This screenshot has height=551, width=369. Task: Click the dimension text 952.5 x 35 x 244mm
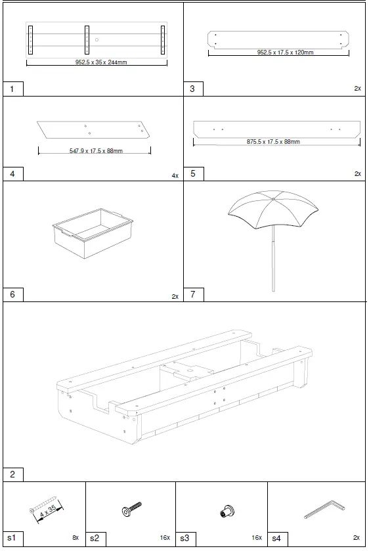point(97,64)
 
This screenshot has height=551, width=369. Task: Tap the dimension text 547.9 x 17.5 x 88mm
point(96,151)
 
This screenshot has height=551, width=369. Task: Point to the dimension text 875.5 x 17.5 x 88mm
point(274,142)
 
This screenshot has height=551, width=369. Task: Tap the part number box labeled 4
point(12,174)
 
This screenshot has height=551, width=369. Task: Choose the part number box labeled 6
point(12,295)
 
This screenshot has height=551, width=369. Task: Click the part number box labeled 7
point(193,295)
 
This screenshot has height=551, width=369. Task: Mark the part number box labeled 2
point(12,474)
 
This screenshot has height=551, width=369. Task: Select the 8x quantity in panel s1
point(76,537)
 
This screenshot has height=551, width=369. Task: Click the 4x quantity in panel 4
point(175,176)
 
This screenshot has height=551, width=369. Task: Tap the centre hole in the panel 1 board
point(97,40)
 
